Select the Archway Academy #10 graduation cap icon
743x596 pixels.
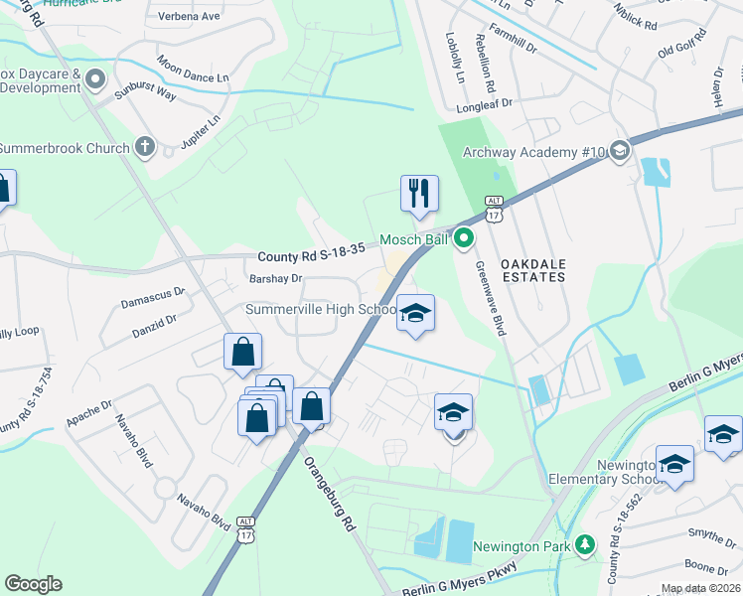click(620, 151)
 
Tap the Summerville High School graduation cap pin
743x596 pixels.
click(416, 313)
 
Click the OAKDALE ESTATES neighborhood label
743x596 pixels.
click(532, 269)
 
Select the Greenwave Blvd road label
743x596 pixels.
click(492, 298)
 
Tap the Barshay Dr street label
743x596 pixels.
click(275, 279)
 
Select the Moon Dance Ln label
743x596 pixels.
click(193, 72)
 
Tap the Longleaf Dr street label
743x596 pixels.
click(485, 102)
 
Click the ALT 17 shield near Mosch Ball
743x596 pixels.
click(494, 208)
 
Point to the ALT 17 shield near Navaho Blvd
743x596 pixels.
click(247, 528)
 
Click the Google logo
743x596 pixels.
click(33, 584)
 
